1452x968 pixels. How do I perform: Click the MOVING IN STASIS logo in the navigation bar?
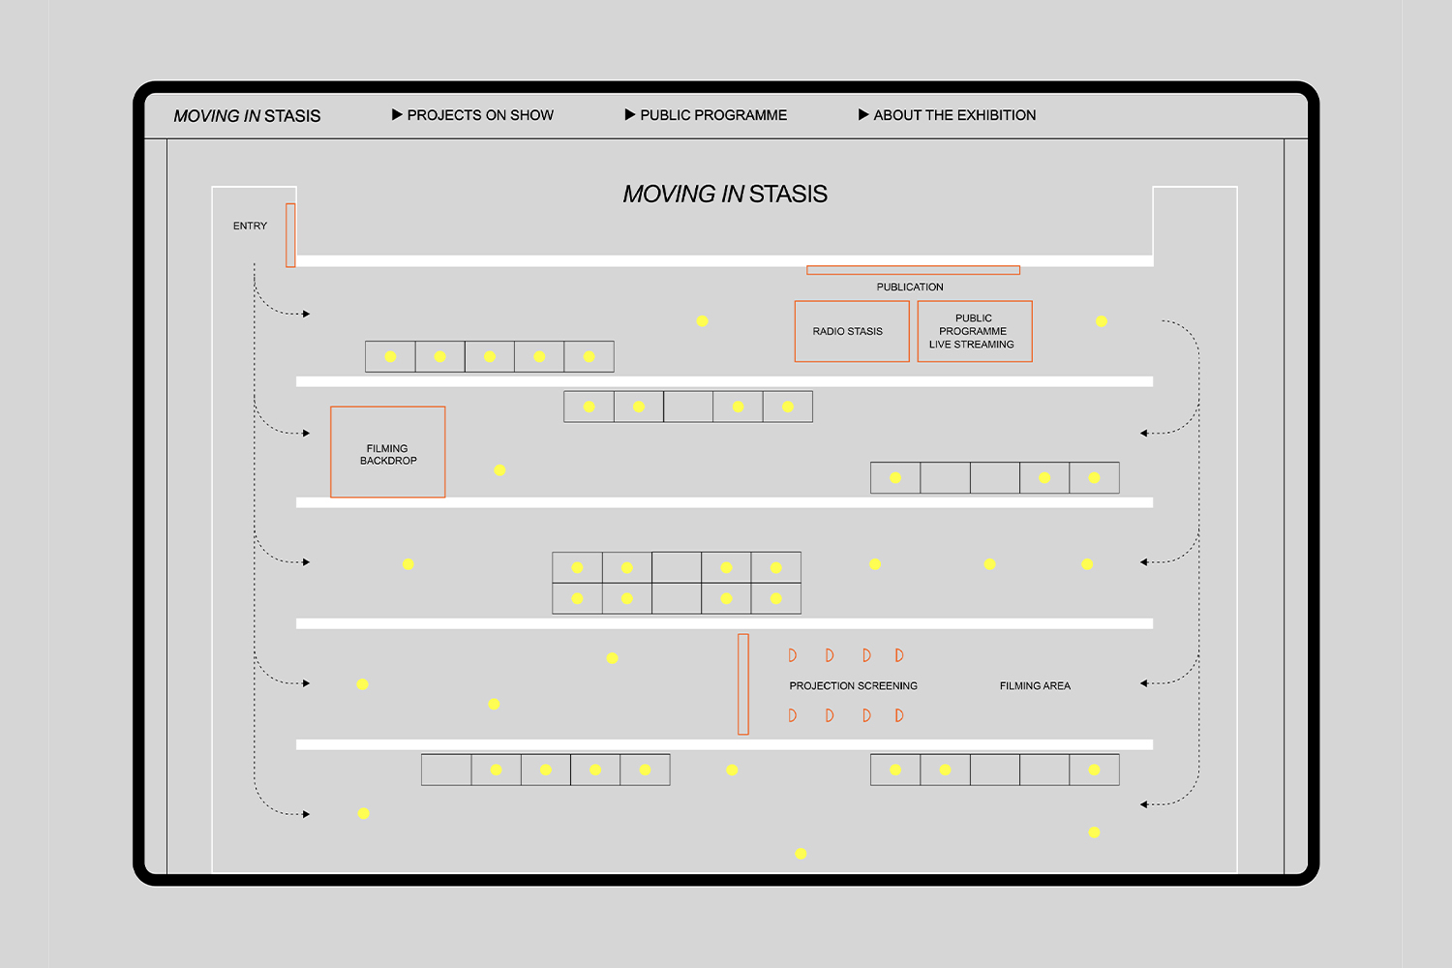247,116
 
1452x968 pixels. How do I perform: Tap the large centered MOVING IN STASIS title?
725,194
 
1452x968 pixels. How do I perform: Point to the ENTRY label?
250,226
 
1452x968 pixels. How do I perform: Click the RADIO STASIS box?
852,331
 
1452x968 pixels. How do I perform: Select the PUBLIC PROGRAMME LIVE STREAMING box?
975,331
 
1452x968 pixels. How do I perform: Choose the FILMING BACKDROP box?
387,452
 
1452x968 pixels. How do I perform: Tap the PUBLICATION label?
910,287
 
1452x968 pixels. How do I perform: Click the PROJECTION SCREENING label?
853,685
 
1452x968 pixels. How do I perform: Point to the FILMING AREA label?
1035,685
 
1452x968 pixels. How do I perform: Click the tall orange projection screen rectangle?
743,684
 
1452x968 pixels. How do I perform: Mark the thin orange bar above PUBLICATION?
914,270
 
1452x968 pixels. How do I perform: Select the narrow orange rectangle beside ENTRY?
290,235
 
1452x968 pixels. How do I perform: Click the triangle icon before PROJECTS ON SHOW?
397,115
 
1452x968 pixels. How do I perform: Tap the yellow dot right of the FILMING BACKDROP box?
499,470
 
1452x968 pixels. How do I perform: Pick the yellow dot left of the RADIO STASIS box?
702,321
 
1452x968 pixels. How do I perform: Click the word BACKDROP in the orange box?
388,461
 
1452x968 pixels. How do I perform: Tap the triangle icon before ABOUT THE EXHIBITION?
863,115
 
